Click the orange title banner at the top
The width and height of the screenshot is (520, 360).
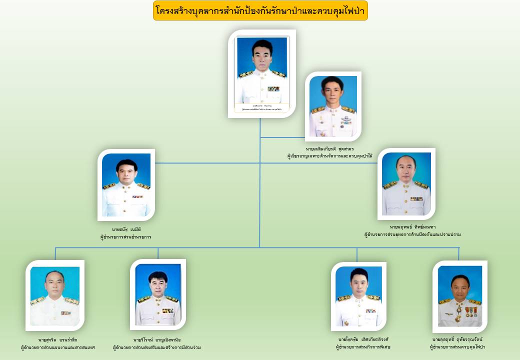[x=260, y=10]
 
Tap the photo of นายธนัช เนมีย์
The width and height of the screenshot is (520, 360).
[x=126, y=184]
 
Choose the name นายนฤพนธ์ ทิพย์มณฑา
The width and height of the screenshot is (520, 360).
[x=412, y=226]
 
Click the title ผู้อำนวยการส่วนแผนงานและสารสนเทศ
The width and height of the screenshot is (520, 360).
[x=57, y=347]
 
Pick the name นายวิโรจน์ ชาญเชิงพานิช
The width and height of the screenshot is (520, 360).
[x=156, y=339]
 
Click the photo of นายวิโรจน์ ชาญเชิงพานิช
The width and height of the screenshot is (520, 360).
[x=158, y=294]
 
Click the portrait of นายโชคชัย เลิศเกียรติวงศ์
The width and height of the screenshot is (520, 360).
[x=358, y=295]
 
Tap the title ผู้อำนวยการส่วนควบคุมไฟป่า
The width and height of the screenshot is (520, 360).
[x=457, y=347]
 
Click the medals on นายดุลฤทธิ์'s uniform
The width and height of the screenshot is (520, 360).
[x=470, y=311]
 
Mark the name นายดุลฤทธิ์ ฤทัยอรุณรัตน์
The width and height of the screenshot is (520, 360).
[x=457, y=339]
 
